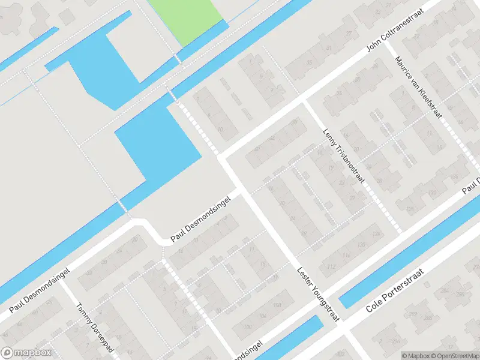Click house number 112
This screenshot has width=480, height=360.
[x=331, y=266]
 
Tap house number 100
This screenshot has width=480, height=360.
[x=247, y=326]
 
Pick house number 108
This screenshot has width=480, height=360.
[x=277, y=305]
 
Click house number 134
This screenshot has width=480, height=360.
[x=377, y=233]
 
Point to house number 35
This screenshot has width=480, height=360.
[x=310, y=61]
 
